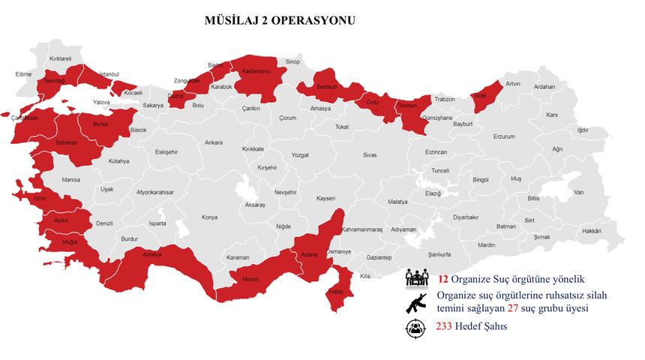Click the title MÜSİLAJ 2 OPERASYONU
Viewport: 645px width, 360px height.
280,20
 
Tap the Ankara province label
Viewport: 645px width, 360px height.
213,142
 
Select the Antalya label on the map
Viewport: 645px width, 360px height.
152,254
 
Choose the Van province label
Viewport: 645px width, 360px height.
578,193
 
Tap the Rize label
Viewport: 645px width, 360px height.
481,96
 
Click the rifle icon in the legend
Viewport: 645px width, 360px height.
416,302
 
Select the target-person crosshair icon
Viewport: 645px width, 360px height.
415,328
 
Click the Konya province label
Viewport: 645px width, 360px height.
209,217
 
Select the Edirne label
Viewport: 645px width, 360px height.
24,74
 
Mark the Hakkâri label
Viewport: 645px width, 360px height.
592,230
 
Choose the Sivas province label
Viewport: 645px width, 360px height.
370,155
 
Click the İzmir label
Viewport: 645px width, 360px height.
40,199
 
